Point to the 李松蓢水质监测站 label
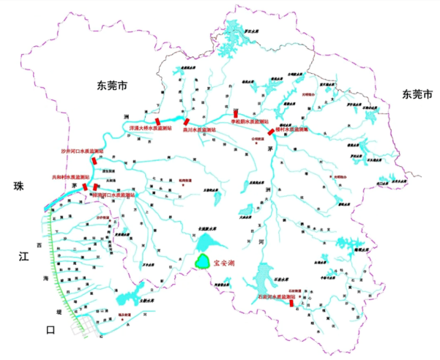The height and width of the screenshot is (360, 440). pos(250,121)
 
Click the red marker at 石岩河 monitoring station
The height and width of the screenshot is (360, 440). pos(291,302)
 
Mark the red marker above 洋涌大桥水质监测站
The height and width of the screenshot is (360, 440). pos(157,120)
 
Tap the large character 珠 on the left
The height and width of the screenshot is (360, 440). pos(19,187)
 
